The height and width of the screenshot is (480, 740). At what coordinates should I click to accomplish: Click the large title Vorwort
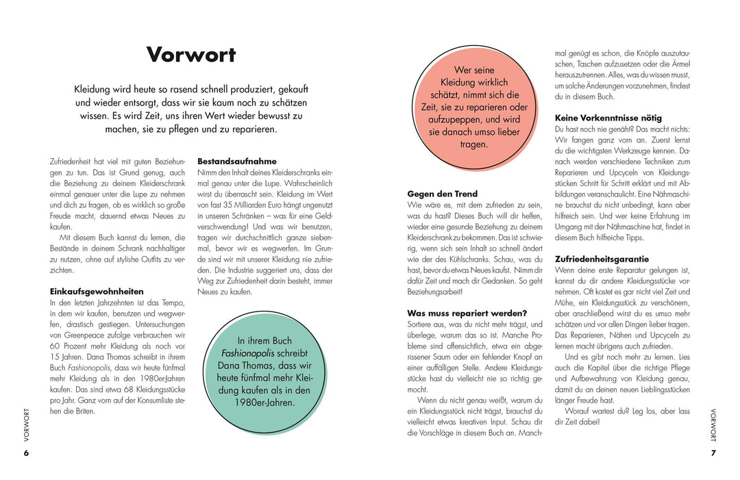click(x=191, y=55)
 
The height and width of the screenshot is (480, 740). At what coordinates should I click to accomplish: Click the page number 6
click(x=26, y=453)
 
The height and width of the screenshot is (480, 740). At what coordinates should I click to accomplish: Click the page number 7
click(x=713, y=453)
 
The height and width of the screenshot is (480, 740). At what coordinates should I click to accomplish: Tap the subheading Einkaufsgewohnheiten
click(x=97, y=291)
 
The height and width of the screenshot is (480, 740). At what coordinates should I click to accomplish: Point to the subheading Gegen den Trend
click(x=442, y=194)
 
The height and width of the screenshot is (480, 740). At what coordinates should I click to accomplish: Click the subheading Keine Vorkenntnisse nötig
click(x=608, y=118)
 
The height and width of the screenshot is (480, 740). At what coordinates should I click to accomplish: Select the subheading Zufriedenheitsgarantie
click(x=601, y=260)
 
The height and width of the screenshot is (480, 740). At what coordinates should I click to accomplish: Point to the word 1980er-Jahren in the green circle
click(x=264, y=402)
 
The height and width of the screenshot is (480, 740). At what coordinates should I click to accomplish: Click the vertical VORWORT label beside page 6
click(x=27, y=424)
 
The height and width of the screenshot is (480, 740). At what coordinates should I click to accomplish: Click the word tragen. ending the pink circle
click(x=474, y=144)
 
